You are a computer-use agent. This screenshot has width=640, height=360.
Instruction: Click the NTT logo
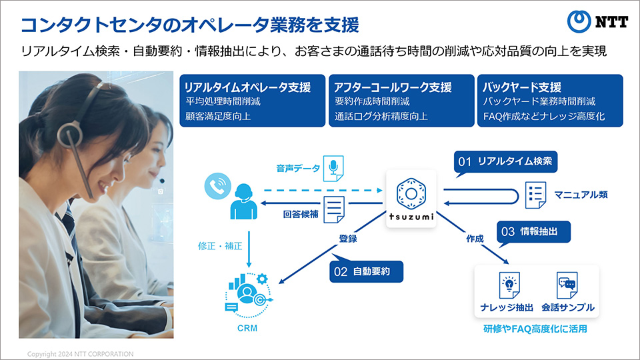pyautogui.click(x=597, y=21)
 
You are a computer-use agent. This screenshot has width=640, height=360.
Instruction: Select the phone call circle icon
pyautogui.click(x=217, y=186)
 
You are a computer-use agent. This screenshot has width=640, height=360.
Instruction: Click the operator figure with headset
pyautogui.click(x=243, y=201)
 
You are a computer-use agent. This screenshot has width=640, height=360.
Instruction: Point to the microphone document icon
pyautogui.click(x=333, y=168)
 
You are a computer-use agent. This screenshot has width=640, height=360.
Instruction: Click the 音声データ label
pyautogui.click(x=298, y=169)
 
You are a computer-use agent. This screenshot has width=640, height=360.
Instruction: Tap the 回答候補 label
pyautogui.click(x=301, y=214)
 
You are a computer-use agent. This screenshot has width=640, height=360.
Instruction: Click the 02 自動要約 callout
pyautogui.click(x=366, y=271)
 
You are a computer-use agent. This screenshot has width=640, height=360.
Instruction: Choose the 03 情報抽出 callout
pyautogui.click(x=533, y=233)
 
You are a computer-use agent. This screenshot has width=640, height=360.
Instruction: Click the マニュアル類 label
pyautogui.click(x=581, y=195)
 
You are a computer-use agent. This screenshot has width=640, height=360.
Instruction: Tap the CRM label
pyautogui.click(x=247, y=328)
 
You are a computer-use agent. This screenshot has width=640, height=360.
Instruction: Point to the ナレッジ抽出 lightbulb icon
pyautogui.click(x=509, y=285)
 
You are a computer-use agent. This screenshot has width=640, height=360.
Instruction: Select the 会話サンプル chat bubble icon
pyautogui.click(x=567, y=285)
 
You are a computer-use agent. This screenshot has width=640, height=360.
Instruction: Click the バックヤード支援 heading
pyautogui.click(x=521, y=87)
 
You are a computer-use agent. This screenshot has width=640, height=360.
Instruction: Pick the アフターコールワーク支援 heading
pyautogui.click(x=393, y=87)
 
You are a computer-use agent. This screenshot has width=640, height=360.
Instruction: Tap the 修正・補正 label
pyautogui.click(x=220, y=246)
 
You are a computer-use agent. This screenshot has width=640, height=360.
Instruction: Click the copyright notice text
pyautogui.click(x=81, y=354)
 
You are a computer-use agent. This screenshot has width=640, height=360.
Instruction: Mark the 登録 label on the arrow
pyautogui.click(x=348, y=239)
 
